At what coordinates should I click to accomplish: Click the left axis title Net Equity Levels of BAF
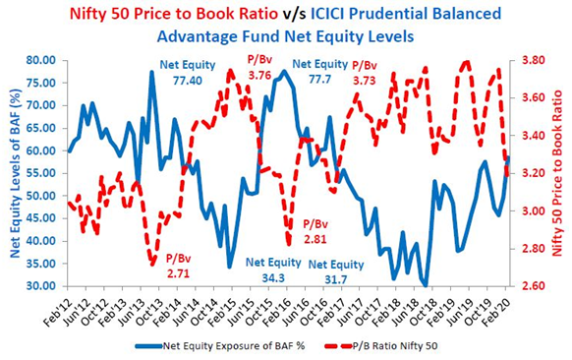(16, 174)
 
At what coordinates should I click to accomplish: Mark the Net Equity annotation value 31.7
(335, 279)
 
